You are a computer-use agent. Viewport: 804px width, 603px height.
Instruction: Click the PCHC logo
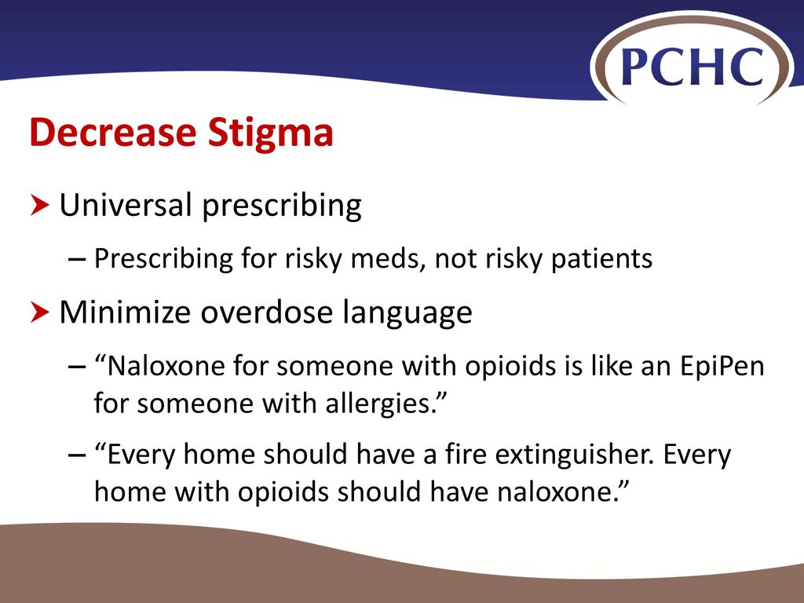(693, 65)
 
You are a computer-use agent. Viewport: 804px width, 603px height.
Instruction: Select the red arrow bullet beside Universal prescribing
(39, 205)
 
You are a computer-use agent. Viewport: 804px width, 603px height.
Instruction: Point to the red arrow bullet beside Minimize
(39, 312)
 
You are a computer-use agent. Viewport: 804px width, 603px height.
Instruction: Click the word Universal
(126, 205)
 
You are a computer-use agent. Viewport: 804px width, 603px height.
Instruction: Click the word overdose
(266, 312)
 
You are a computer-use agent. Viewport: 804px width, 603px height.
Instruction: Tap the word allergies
(379, 404)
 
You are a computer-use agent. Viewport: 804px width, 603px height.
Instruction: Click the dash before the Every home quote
(77, 455)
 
